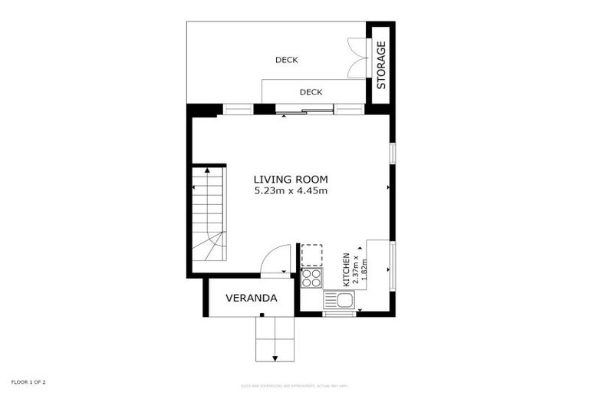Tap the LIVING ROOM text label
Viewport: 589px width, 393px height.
[x=291, y=180]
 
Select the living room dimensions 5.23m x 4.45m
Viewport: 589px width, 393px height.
[x=291, y=191]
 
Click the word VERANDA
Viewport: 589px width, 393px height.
[x=251, y=298]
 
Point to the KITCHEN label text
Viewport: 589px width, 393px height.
[x=347, y=269]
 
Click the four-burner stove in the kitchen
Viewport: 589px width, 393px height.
[x=312, y=277]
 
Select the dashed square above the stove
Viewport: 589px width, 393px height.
[x=312, y=255]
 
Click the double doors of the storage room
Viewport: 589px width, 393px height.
[x=357, y=58]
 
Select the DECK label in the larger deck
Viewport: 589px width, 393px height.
[x=286, y=60]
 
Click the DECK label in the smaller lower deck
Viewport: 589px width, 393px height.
[x=311, y=92]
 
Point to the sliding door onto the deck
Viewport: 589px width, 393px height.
[x=307, y=113]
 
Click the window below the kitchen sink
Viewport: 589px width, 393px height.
[x=339, y=314]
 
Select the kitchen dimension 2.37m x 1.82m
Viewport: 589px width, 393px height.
[x=360, y=269]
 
